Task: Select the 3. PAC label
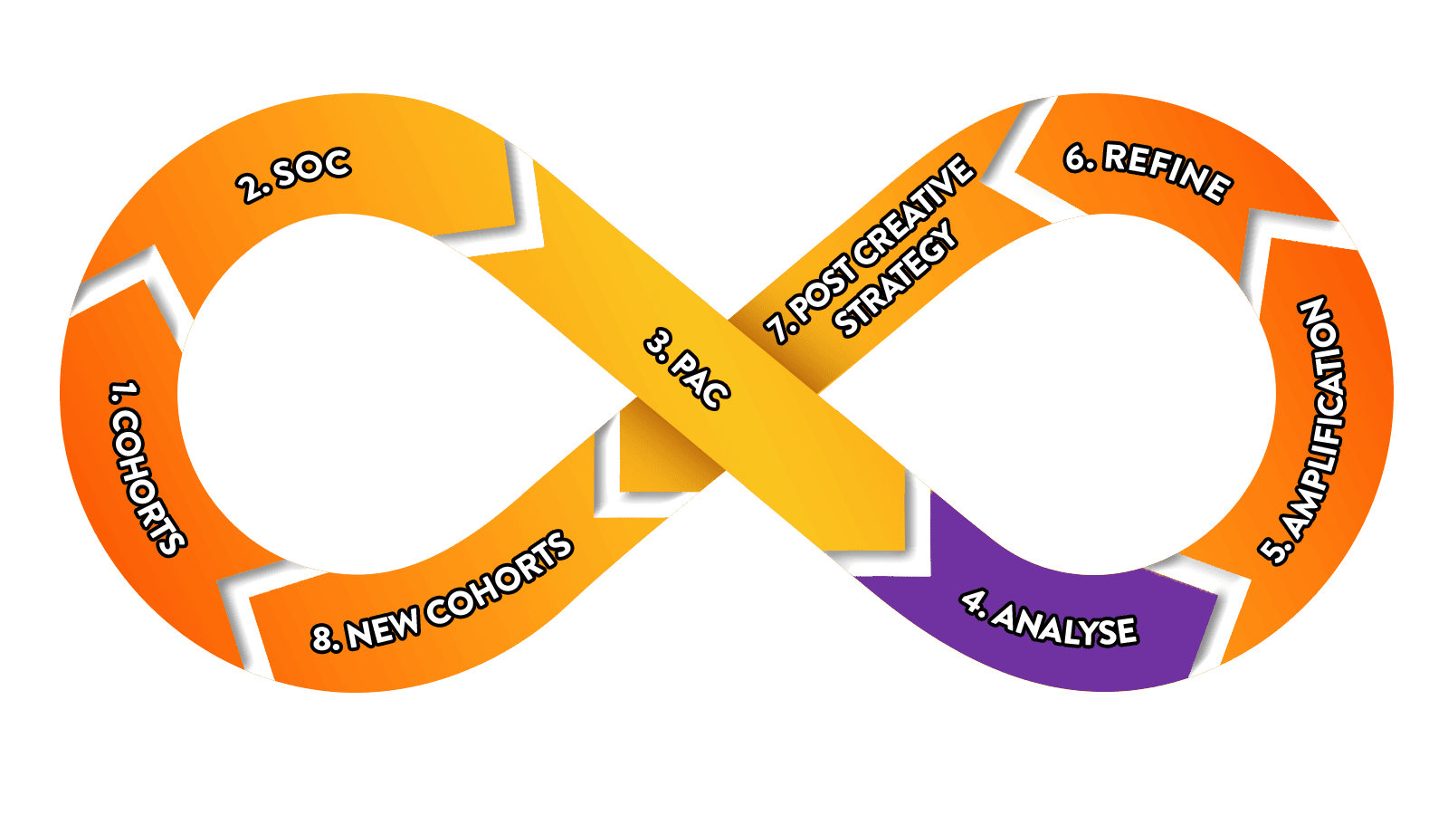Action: [687, 369]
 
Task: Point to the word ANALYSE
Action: [1064, 626]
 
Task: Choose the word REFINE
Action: [1167, 172]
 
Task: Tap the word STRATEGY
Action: [895, 278]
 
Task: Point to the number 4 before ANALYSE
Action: [972, 601]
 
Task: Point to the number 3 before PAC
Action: [657, 343]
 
